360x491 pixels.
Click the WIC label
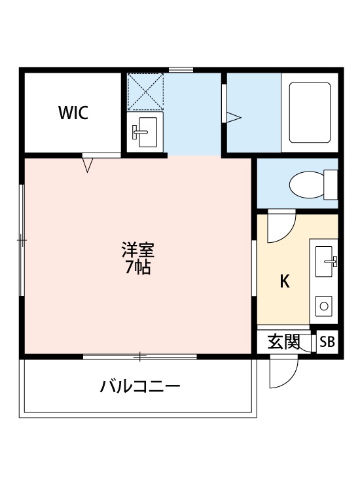click(73, 113)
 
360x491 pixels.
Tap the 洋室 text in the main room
click(139, 250)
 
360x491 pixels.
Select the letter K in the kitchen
click(285, 282)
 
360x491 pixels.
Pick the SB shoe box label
click(327, 342)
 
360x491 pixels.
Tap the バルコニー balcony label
click(140, 386)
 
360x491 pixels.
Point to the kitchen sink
click(325, 262)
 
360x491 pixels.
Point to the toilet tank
click(331, 184)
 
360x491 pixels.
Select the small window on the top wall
click(181, 70)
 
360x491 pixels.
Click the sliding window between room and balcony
click(140, 356)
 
